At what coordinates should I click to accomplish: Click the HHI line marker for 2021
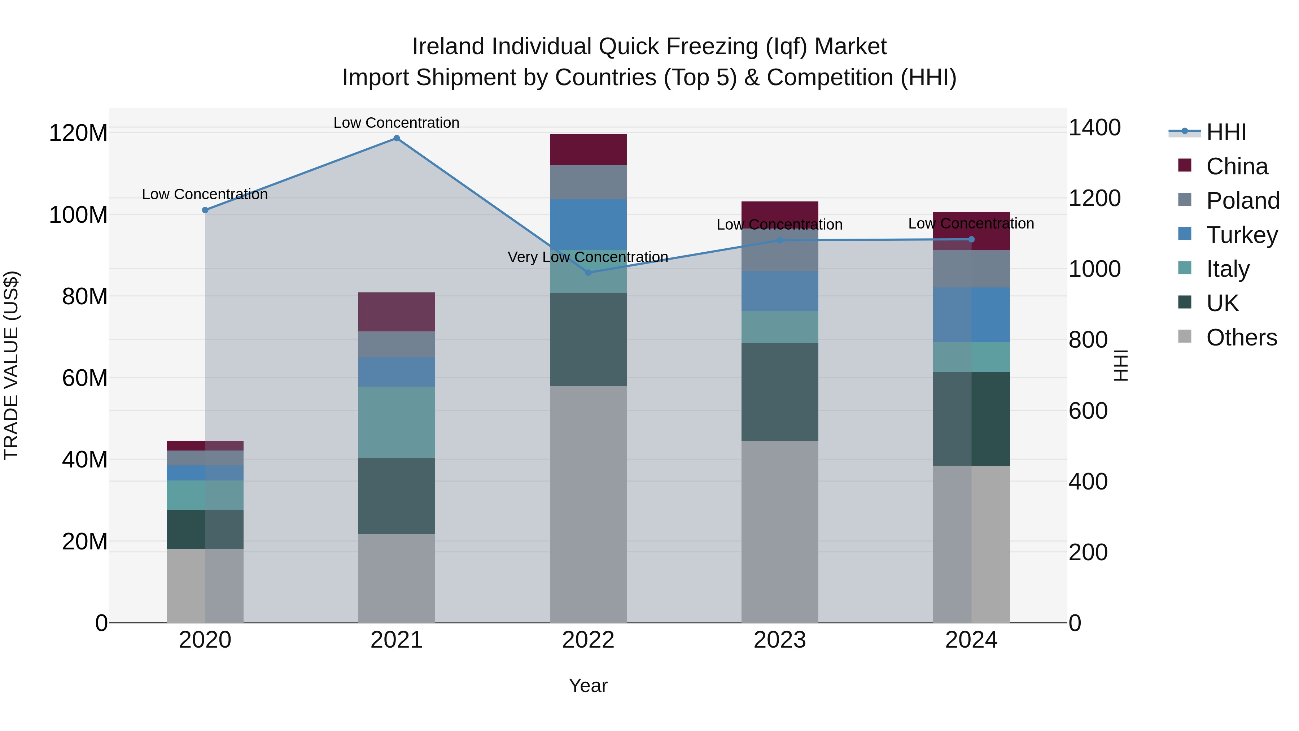tap(396, 138)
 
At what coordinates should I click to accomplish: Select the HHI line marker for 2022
tap(588, 273)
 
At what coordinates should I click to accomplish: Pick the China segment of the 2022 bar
tap(588, 149)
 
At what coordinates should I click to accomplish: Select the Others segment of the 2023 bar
tap(780, 531)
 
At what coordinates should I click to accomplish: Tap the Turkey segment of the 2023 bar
tap(780, 291)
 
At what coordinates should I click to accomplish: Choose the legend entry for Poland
tap(1242, 201)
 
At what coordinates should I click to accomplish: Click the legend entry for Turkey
tap(1242, 235)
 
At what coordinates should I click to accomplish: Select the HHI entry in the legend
tap(1226, 132)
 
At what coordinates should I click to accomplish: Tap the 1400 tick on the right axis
tap(1095, 128)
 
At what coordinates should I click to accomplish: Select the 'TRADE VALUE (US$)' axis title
tap(11, 365)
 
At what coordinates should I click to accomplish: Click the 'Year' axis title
tap(588, 686)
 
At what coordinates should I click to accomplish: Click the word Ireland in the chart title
tap(449, 47)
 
